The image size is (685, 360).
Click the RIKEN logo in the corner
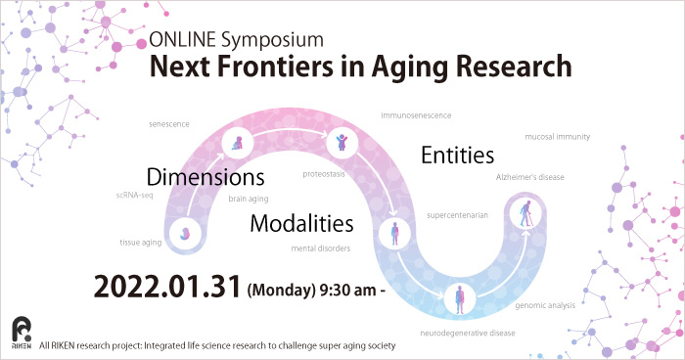pyautogui.click(x=21, y=332)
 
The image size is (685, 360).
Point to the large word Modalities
pyautogui.click(x=301, y=222)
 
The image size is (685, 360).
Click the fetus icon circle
pyautogui.click(x=186, y=233)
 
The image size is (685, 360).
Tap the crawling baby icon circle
pyautogui.click(x=239, y=145)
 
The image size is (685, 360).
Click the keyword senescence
pyautogui.click(x=169, y=124)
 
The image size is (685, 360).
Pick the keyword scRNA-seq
pyautogui.click(x=134, y=195)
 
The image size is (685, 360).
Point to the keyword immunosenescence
pyautogui.click(x=416, y=115)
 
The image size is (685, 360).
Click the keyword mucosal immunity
pyautogui.click(x=557, y=136)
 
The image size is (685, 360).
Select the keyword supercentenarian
pyautogui.click(x=457, y=214)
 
